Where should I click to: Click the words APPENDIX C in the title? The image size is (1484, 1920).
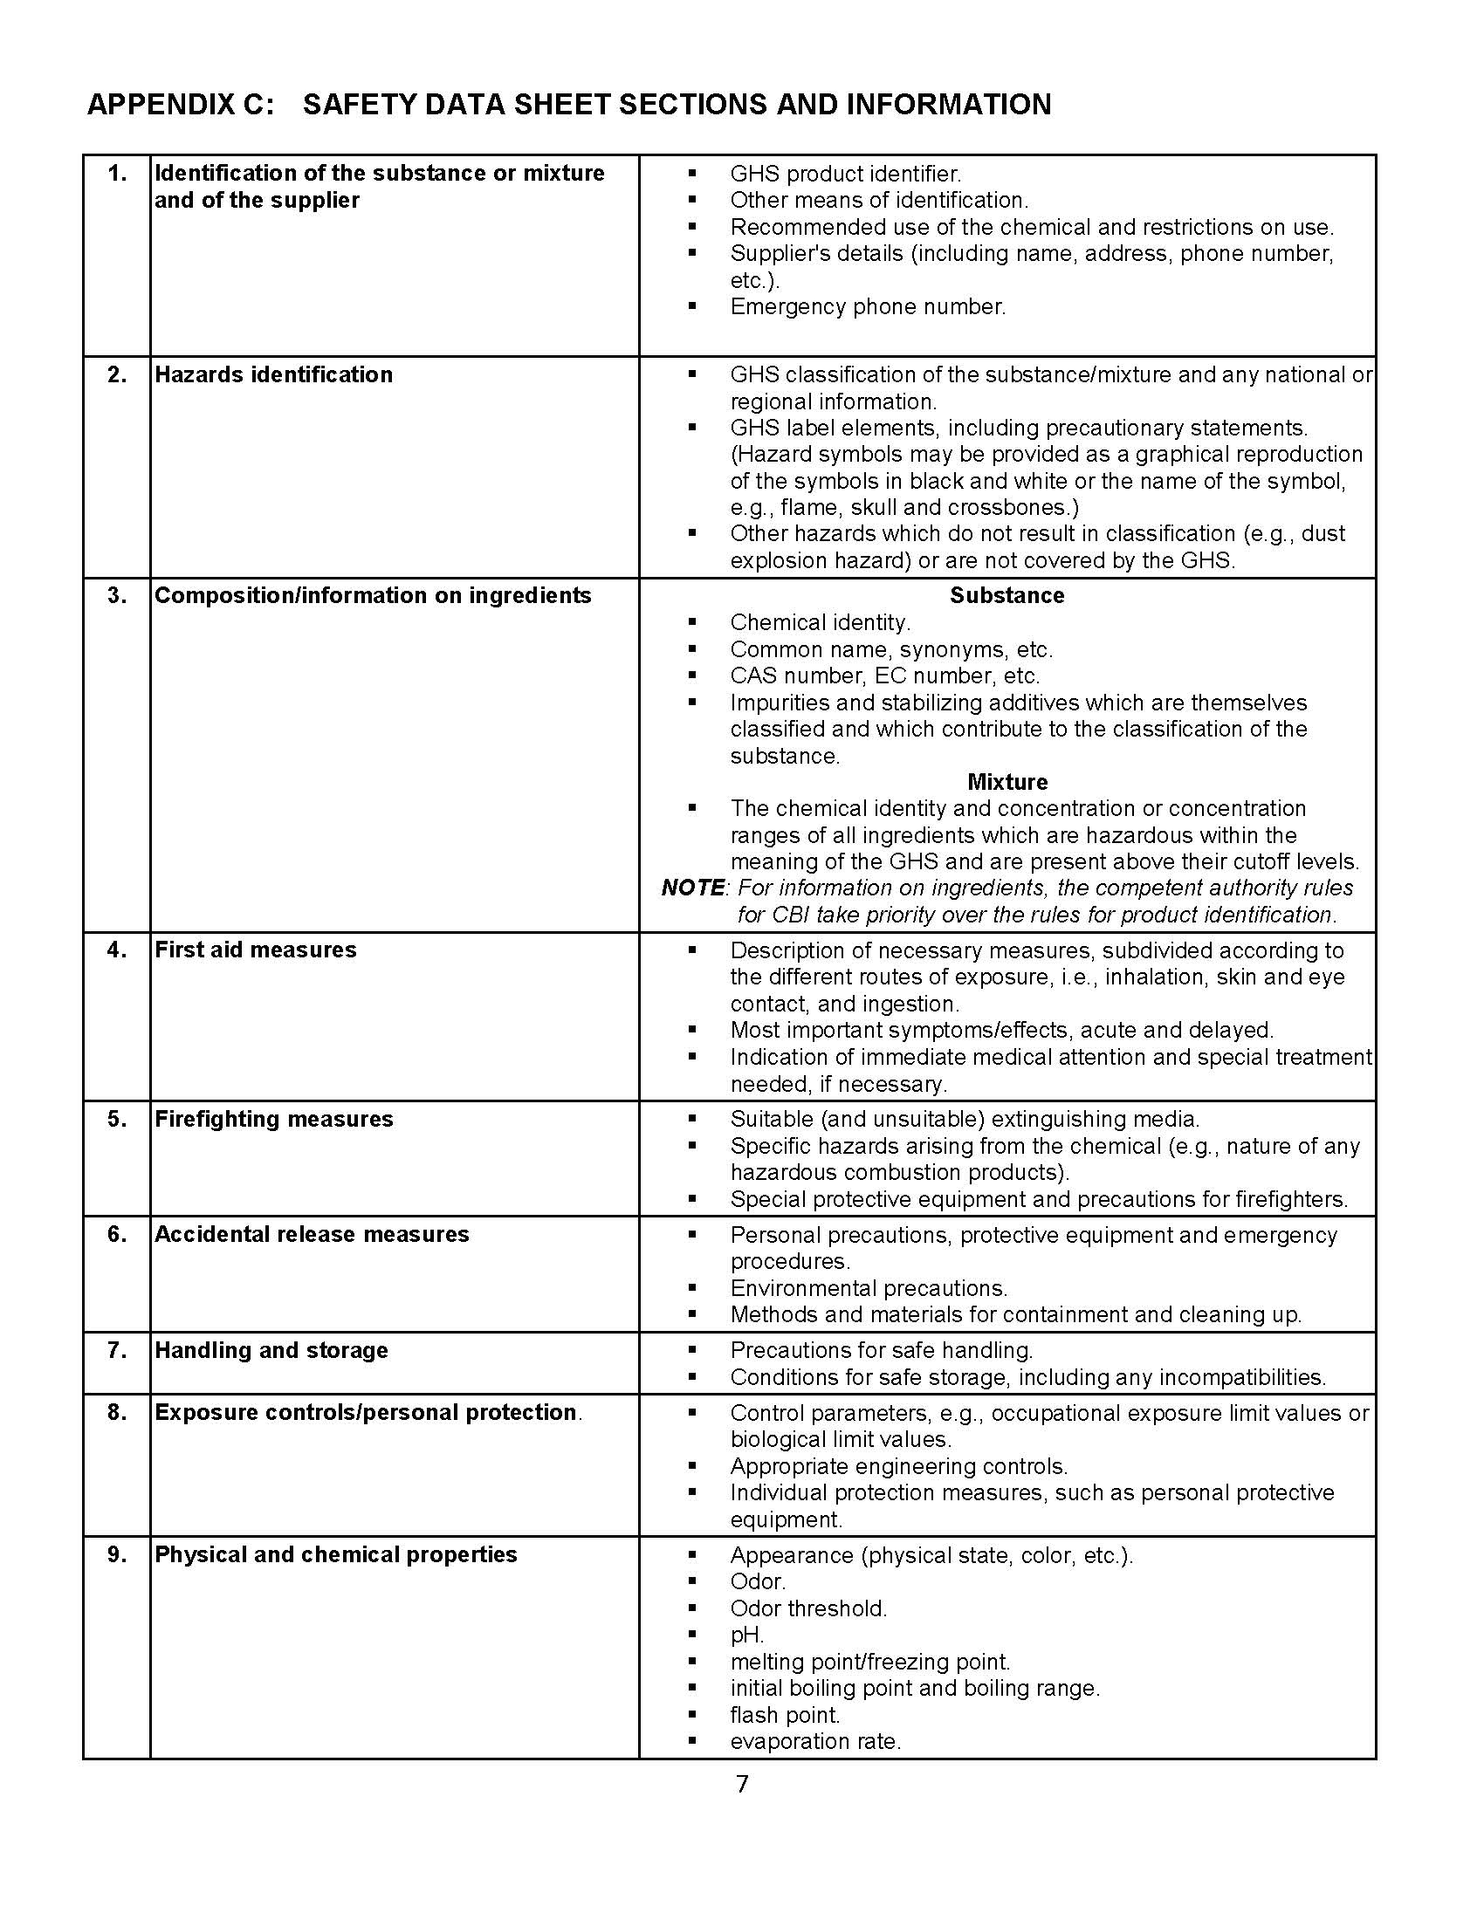180,105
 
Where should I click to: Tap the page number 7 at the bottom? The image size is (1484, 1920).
742,1784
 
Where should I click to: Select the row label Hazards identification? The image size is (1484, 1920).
273,374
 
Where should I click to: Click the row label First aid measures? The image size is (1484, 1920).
255,950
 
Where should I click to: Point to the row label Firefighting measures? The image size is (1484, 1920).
273,1119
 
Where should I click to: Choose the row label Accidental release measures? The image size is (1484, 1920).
312,1234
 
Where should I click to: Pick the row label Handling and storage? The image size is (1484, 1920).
271,1350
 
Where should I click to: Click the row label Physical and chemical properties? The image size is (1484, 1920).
336,1554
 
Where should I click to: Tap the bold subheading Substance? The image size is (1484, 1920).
1007,595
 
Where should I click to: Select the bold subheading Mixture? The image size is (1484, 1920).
1007,782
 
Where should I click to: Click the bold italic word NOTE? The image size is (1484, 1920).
693,888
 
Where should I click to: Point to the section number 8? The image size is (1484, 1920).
117,1412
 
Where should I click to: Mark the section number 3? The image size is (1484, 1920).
117,595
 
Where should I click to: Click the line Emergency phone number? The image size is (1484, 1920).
868,307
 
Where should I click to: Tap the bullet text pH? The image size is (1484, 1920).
747,1635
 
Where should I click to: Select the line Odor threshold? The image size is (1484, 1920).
809,1608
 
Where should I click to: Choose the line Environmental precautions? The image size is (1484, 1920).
869,1288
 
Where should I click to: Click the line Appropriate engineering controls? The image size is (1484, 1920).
898,1466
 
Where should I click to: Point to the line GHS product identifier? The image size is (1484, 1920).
845,174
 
